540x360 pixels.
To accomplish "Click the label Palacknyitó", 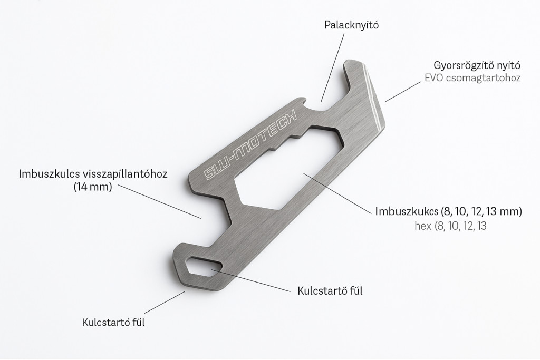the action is click(351, 25).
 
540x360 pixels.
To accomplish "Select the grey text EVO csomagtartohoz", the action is click(472, 77).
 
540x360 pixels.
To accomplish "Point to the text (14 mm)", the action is click(93, 187).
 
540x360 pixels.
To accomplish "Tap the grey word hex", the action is click(423, 226).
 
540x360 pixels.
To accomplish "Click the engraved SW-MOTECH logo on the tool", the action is click(250, 145).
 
